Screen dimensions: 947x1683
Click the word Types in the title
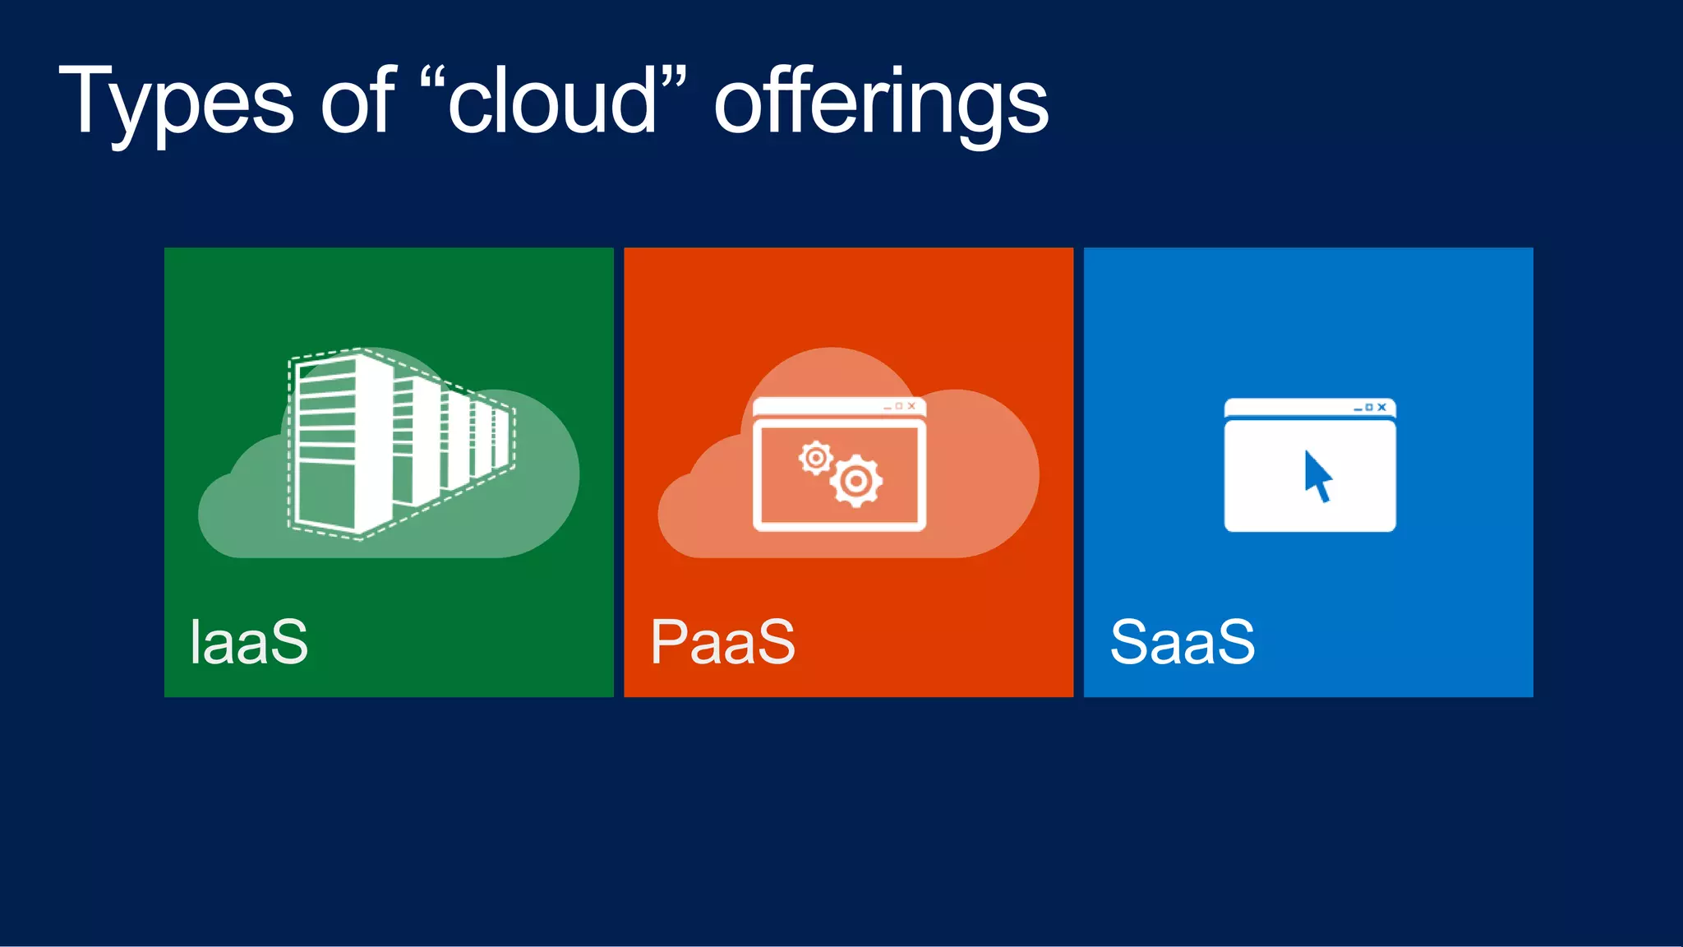pos(176,103)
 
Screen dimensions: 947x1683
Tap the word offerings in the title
pos(881,103)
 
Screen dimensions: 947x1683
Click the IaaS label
pos(249,642)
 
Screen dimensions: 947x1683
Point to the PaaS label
pos(722,642)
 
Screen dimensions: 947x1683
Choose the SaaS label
pos(1183,642)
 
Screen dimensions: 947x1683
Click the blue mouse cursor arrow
pos(1317,476)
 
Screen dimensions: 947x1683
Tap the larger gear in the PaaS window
pos(856,481)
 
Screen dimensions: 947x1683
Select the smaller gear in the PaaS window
pos(816,458)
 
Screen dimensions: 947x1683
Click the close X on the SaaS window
pos(1382,407)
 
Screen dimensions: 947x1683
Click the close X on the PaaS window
pos(911,406)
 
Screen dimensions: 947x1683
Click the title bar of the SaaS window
pos(1282,408)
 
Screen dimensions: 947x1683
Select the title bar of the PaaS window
pos(814,406)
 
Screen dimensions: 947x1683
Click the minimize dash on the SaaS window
pos(1358,409)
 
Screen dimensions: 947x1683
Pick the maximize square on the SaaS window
pos(1369,407)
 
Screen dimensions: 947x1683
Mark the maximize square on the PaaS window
pos(899,406)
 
